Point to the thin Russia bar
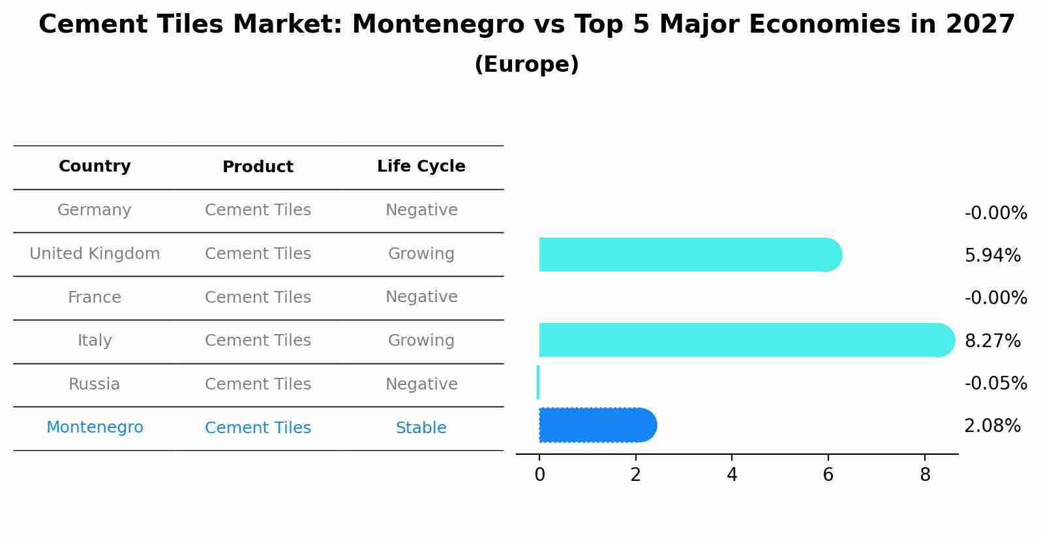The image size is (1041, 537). pos(538,382)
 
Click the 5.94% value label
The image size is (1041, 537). pos(992,256)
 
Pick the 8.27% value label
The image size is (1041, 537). pos(992,341)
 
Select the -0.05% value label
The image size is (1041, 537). pos(995,383)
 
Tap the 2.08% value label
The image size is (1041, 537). pos(992,426)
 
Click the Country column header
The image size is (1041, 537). pos(95,166)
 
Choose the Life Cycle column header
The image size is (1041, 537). pos(421,166)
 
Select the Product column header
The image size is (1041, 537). pos(258,167)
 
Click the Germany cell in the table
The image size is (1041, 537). pos(95,210)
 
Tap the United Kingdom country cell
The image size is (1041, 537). pos(95,254)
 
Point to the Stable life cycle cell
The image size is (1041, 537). pos(421,428)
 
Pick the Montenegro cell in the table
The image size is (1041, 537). pos(95,427)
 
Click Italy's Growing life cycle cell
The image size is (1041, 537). pos(421,341)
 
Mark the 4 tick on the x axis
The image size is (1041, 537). pos(732,475)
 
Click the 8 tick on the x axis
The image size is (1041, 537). pos(925,475)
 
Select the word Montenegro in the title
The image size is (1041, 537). pos(438,25)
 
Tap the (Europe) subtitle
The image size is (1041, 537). pos(526,65)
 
